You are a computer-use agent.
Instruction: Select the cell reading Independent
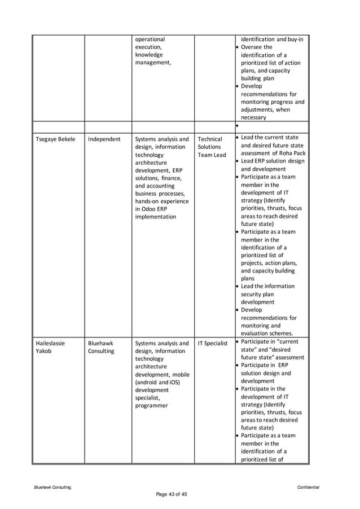click(x=104, y=139)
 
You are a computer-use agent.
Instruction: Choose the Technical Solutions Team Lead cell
click(x=212, y=147)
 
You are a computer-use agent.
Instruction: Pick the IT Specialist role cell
click(x=213, y=343)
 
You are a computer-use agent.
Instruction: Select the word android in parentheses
click(x=149, y=381)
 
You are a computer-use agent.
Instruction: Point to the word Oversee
click(x=252, y=47)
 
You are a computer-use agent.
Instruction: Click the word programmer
click(x=152, y=405)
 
